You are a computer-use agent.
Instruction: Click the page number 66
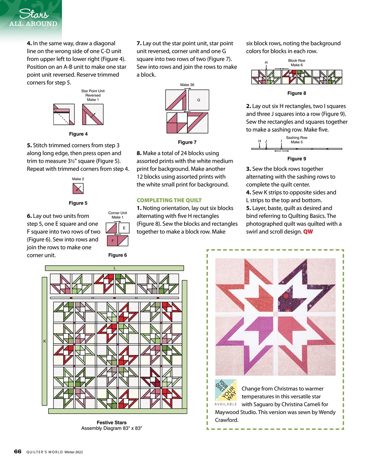(18, 451)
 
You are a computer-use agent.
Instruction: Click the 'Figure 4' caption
(78, 134)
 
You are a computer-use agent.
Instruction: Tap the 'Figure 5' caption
(78, 203)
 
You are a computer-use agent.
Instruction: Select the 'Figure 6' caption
(118, 255)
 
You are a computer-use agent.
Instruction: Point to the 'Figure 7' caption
(187, 142)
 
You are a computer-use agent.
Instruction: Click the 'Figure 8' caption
(297, 93)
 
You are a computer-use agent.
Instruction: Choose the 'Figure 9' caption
(297, 159)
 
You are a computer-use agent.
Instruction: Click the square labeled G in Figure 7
(199, 100)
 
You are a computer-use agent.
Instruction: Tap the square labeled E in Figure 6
(124, 228)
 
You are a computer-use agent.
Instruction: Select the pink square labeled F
(112, 241)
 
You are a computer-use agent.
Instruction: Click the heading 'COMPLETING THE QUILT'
(169, 200)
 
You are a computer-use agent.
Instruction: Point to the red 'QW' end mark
(308, 232)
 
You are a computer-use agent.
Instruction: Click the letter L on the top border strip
(114, 268)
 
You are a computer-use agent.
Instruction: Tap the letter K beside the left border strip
(45, 341)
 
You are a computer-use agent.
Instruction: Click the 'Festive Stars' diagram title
(111, 422)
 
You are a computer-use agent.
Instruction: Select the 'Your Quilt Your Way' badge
(226, 390)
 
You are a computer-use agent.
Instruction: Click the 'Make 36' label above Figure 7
(187, 85)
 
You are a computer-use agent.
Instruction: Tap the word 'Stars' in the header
(34, 14)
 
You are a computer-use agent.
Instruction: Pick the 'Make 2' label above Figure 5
(78, 179)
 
